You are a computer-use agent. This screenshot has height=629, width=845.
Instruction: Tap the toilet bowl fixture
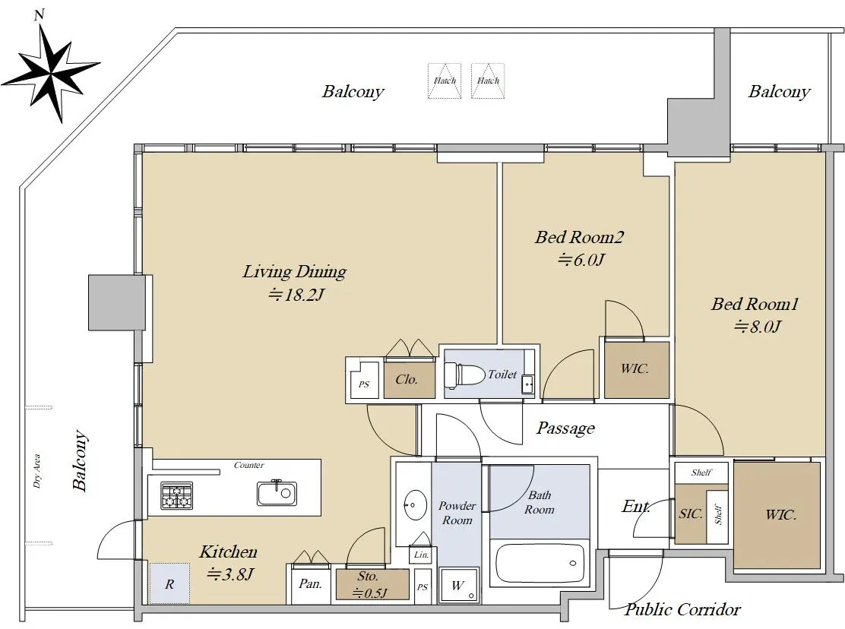464,375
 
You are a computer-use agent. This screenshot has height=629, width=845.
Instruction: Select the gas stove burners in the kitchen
177,495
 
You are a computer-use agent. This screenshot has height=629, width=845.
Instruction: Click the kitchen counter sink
277,492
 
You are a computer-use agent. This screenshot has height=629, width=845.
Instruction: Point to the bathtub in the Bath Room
540,563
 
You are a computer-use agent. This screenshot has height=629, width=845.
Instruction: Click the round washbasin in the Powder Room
416,504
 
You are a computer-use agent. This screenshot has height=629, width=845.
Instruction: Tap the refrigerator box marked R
169,583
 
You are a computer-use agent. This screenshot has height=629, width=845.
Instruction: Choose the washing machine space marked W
458,585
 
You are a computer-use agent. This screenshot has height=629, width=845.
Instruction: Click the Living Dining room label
294,271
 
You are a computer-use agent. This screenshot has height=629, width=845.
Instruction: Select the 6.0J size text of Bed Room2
581,260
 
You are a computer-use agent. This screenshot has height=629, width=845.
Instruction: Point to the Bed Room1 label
755,305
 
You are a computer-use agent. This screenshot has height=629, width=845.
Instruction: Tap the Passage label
566,428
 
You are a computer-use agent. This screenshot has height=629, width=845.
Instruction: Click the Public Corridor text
682,609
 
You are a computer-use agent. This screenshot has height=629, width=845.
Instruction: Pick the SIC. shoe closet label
690,514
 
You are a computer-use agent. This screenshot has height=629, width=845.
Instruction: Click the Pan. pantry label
310,583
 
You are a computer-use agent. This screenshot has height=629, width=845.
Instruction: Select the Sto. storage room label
368,577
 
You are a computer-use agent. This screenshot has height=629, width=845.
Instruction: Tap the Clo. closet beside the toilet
407,379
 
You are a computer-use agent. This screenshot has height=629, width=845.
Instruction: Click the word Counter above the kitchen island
249,465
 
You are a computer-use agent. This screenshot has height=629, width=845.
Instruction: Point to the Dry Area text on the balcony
36,471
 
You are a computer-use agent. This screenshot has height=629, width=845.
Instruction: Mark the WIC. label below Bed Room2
635,369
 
